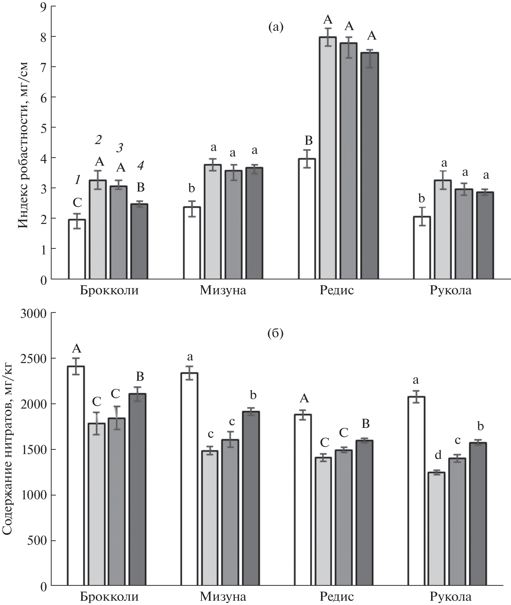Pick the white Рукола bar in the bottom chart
pos(417,491)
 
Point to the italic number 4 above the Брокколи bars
pos(140,166)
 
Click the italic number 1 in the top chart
pos(78,180)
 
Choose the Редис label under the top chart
pos(337,290)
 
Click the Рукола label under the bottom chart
pos(451,597)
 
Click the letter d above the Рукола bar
pos(438,455)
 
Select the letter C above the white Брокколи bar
pos(77,203)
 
